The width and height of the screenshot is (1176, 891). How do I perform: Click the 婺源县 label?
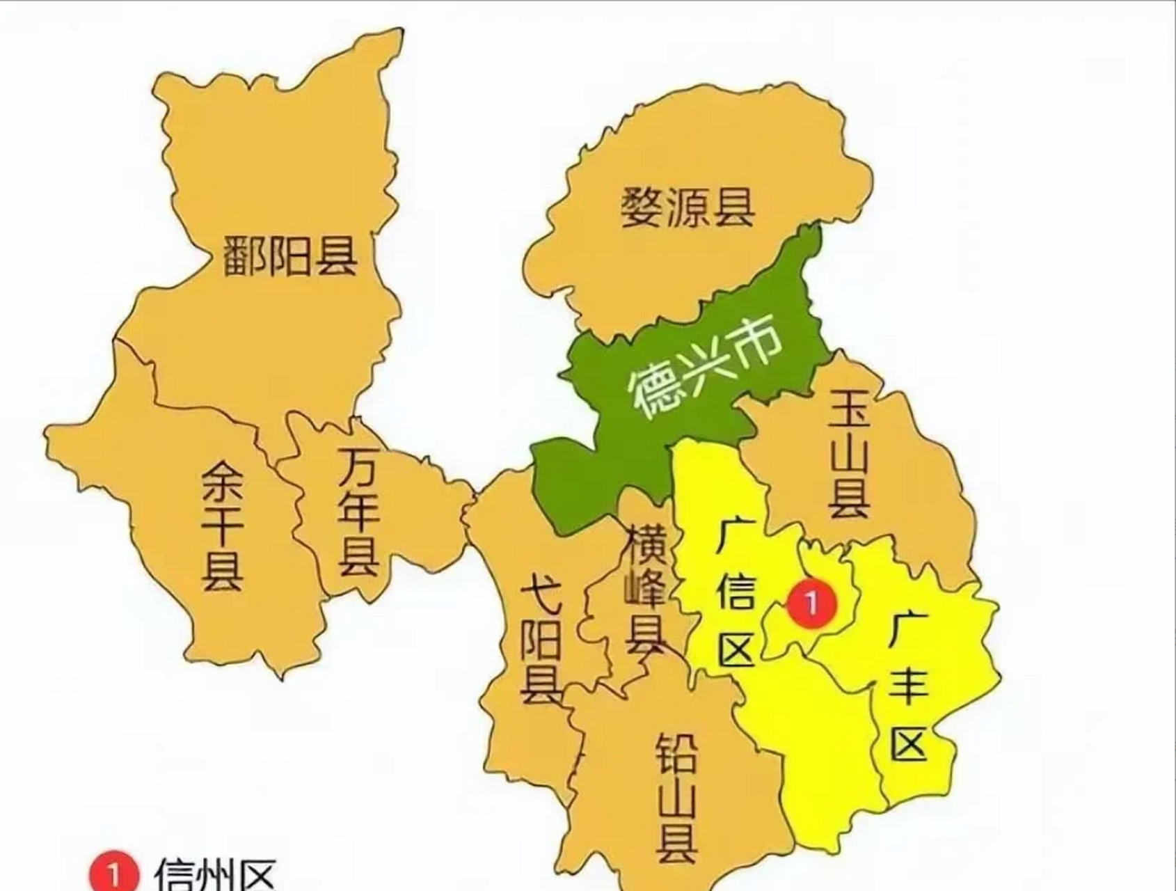688,207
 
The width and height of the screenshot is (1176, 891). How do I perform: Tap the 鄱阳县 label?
290,255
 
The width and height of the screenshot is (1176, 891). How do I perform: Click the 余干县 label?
223,527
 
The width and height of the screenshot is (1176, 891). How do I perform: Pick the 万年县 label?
359,512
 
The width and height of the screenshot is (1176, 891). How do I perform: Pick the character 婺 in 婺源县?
642,207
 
